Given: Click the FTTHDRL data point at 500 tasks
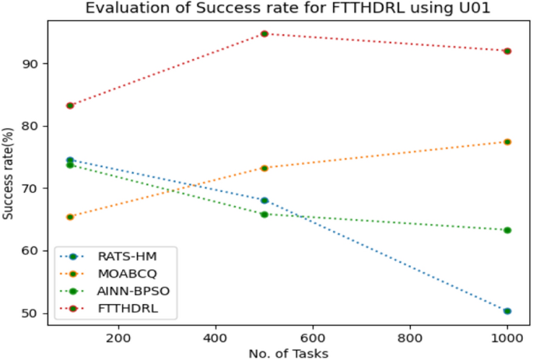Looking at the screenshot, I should point(265,33).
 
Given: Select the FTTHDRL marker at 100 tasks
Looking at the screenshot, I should point(70,105).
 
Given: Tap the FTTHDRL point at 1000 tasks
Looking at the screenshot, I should point(507,51).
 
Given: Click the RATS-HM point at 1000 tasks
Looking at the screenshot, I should point(507,311).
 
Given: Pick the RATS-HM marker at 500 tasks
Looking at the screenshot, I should point(265,201).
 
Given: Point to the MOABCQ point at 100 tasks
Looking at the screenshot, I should point(70,217).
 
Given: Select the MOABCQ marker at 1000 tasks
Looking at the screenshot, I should point(507,142).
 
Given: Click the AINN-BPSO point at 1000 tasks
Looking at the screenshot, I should point(507,230).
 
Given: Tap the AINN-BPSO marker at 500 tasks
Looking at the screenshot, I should point(265,214).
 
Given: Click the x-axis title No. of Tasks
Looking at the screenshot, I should point(289,353).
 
